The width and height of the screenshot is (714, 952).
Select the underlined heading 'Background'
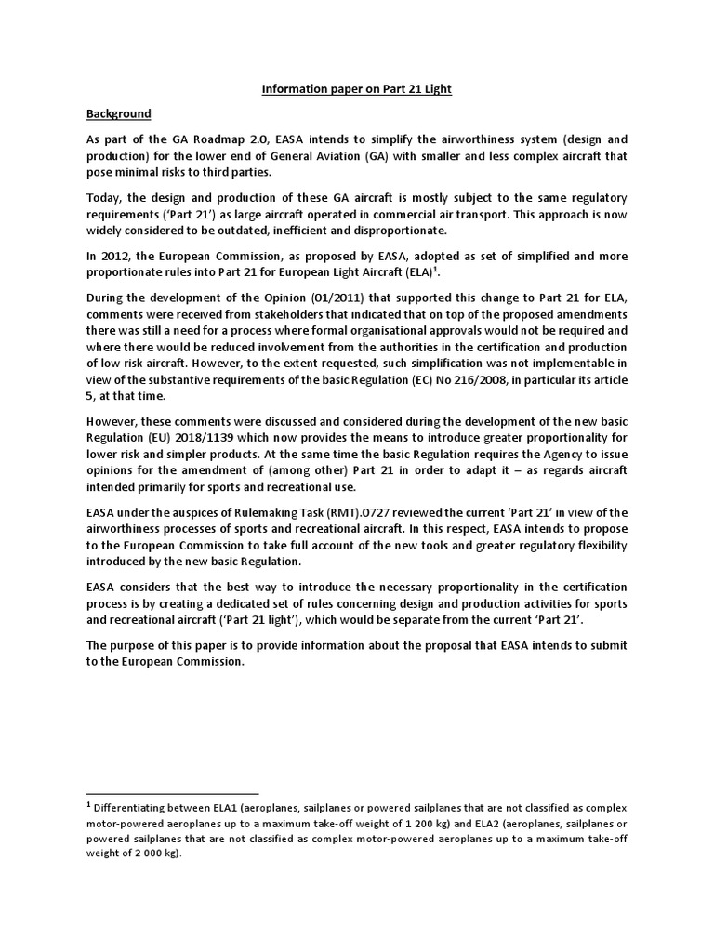click(119, 113)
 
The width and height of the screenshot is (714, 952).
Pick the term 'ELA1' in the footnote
click(226, 807)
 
